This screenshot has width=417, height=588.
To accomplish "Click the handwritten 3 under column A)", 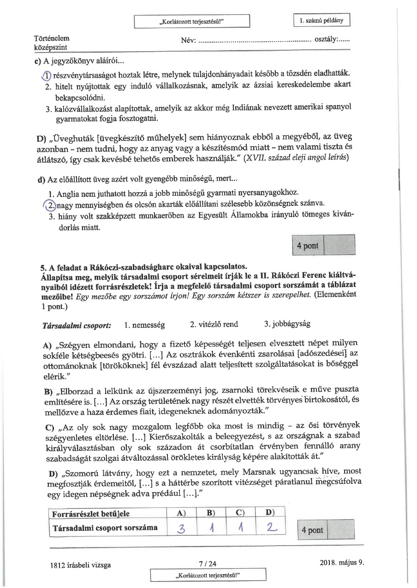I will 179,529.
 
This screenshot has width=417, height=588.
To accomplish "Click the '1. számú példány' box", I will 322,21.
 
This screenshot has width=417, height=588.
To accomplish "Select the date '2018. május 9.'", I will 341,563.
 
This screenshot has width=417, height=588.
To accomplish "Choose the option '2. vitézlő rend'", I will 214,324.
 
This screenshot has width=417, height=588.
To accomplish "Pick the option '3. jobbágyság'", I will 287,324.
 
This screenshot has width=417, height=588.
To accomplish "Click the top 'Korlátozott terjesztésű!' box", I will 192,21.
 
